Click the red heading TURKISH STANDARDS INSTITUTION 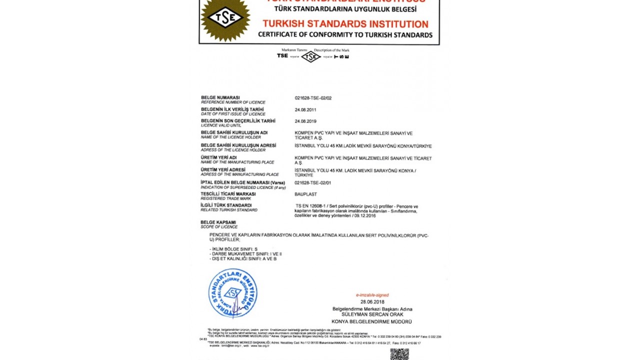click(x=345, y=24)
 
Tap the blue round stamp click(x=232, y=293)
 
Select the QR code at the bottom click(x=399, y=354)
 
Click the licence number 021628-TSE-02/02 click(x=313, y=98)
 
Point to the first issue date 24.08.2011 click(x=305, y=109)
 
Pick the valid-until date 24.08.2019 click(x=305, y=121)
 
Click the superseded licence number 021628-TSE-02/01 click(x=313, y=183)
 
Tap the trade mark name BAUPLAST click(x=305, y=194)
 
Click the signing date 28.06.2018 click(x=372, y=302)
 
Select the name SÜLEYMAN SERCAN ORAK click(x=372, y=314)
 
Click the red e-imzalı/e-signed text click(x=372, y=295)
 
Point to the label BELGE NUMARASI click(x=220, y=97)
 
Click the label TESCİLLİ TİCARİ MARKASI click(x=228, y=194)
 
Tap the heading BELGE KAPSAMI click(x=218, y=222)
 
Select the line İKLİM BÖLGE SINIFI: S click(x=234, y=249)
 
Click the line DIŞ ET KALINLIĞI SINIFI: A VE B click(x=244, y=258)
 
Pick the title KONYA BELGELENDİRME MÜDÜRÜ click(x=372, y=321)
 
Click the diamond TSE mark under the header click(x=310, y=56)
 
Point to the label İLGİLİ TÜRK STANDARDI click(x=226, y=205)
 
